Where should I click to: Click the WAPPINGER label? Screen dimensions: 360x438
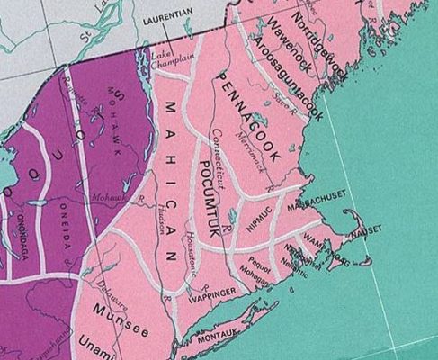click(x=212, y=292)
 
